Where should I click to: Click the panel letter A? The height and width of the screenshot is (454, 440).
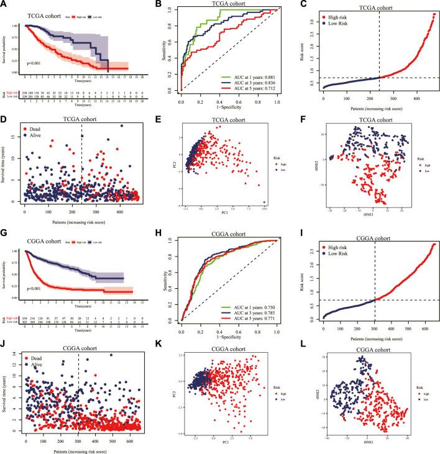(x=5, y=4)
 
